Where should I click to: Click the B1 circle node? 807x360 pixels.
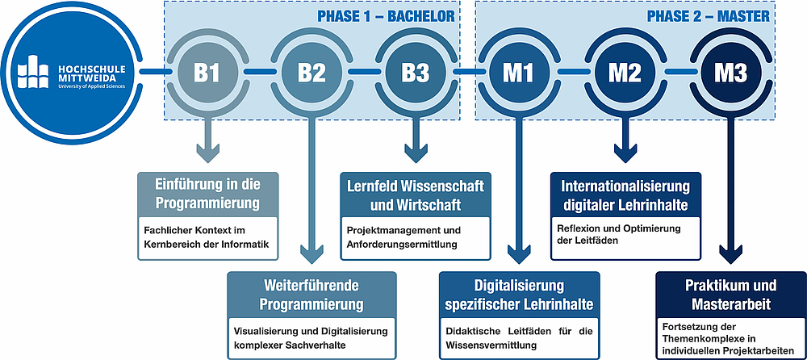tap(207, 73)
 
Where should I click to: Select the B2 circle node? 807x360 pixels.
tap(312, 73)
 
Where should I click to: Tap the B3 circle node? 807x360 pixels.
tap(416, 73)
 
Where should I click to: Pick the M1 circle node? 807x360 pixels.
tap(519, 73)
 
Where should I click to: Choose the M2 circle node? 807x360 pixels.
tap(624, 73)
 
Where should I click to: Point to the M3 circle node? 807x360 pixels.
tap(730, 73)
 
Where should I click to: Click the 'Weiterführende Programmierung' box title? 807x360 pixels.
tap(312, 294)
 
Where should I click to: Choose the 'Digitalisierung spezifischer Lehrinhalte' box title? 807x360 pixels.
tap(519, 294)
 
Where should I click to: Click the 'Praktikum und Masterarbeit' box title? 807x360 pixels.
tap(730, 294)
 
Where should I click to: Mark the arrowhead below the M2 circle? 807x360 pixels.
tap(625, 151)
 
